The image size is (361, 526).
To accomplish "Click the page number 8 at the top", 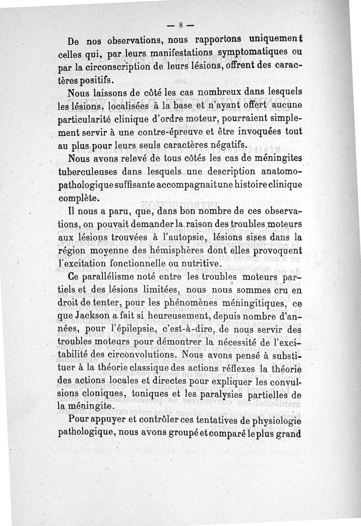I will click(180, 25).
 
